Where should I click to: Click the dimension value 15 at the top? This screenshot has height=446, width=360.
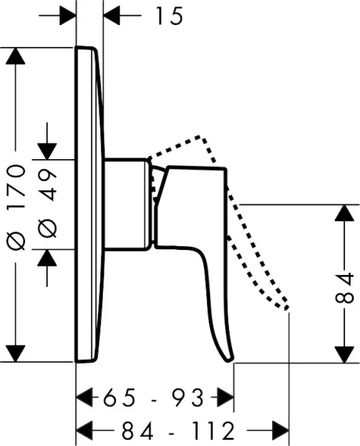click(169, 16)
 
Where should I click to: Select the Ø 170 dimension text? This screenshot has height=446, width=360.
click(16, 208)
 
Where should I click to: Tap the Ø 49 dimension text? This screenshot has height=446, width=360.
click(48, 204)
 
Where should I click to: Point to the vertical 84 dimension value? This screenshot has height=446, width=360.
click(344, 288)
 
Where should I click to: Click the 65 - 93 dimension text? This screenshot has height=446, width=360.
click(154, 398)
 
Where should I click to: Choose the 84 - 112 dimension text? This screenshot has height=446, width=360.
click(178, 430)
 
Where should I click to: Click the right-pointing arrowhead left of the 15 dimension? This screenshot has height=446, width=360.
click(67, 16)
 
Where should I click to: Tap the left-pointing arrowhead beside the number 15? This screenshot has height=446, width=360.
click(111, 16)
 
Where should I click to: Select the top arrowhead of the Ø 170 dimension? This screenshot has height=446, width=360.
click(16, 56)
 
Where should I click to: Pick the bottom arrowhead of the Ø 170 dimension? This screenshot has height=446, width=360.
click(16, 354)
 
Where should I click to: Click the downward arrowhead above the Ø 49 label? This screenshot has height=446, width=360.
click(47, 151)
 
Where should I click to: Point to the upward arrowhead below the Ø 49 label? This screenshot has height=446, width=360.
click(47, 258)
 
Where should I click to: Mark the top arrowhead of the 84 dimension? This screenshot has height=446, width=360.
click(344, 212)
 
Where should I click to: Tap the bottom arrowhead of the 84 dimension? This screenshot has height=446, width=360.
click(344, 354)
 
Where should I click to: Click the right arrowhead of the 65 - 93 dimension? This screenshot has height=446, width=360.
click(225, 397)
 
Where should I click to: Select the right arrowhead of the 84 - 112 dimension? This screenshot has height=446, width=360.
click(281, 430)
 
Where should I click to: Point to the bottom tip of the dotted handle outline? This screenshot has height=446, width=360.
click(286, 308)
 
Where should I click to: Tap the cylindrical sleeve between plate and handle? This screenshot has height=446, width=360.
click(126, 205)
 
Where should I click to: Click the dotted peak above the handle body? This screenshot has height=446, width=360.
click(199, 136)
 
